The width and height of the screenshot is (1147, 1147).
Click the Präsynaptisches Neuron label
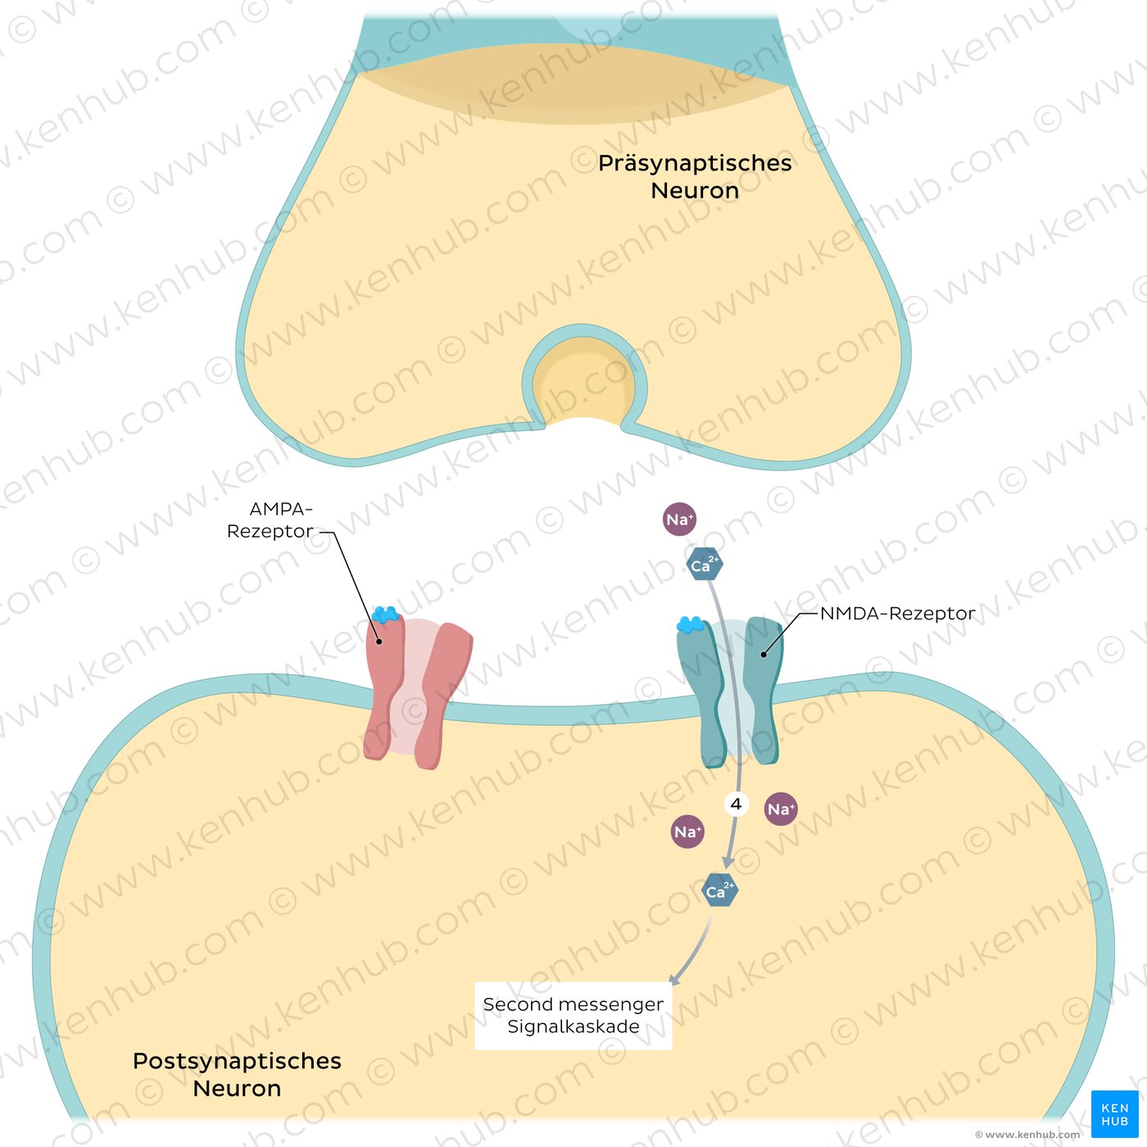[x=695, y=176]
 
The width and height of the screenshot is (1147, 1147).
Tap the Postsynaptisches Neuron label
[x=237, y=1074]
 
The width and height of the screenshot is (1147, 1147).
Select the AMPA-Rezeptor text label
[x=270, y=520]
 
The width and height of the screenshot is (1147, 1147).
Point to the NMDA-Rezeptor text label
[x=897, y=614]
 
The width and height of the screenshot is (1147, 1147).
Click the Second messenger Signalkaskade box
[x=573, y=1015]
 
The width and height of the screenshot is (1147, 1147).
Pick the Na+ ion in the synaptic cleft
[x=679, y=519]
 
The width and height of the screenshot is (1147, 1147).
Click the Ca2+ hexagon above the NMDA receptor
[x=704, y=564]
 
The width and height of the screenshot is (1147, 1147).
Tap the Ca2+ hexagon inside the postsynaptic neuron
[x=720, y=891]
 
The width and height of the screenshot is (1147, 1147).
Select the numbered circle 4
[x=736, y=805]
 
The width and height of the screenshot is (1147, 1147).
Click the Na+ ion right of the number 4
[x=781, y=809]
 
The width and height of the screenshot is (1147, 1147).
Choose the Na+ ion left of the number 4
[x=687, y=832]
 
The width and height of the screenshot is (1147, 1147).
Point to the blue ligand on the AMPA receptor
[x=385, y=614]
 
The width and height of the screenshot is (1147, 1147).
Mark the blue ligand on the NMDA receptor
[x=691, y=626]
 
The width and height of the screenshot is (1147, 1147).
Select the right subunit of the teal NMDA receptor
[x=762, y=688]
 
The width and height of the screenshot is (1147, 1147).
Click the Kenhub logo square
[x=1114, y=1114]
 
